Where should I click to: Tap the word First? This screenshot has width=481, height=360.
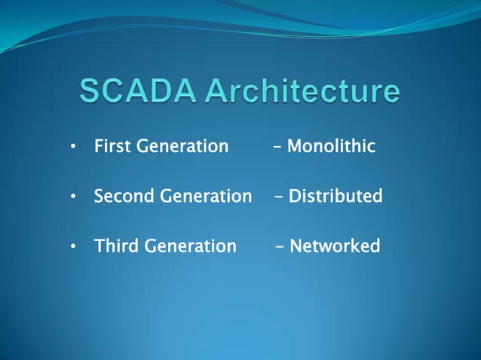click(111, 146)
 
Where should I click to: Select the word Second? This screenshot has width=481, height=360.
click(124, 197)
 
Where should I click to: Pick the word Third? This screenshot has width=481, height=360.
click(116, 246)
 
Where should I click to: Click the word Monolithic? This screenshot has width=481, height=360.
click(331, 146)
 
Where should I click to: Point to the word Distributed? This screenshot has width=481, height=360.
click(335, 197)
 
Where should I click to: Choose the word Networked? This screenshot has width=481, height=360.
click(335, 246)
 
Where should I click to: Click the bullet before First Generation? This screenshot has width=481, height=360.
click(73, 147)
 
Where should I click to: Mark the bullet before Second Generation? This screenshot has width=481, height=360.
click(73, 197)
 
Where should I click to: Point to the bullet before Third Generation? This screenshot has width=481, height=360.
click(73, 247)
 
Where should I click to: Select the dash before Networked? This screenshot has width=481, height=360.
click(280, 247)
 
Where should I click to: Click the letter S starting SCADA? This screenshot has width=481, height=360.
click(90, 92)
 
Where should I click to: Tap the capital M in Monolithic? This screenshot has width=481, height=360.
click(295, 146)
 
